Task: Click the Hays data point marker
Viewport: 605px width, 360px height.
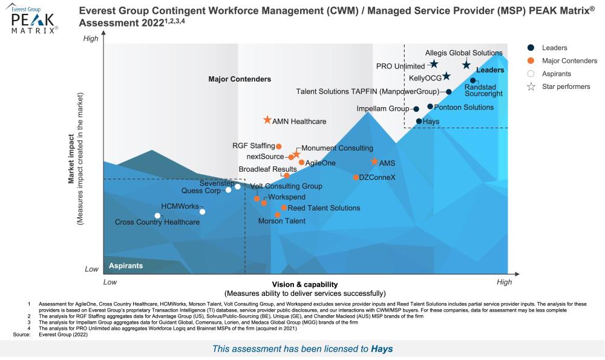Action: tap(419, 122)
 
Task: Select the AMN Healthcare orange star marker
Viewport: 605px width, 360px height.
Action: tap(267, 120)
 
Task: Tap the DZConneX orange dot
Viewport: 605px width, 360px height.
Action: tap(356, 177)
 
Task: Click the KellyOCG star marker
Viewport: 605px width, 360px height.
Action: tap(446, 76)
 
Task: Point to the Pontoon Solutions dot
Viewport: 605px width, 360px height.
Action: tap(430, 106)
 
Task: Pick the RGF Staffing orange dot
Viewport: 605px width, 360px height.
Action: tap(279, 146)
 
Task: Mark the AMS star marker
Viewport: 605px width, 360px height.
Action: tap(374, 162)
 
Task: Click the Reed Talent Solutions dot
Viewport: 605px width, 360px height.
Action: tap(284, 208)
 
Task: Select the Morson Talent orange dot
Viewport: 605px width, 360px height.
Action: tap(278, 215)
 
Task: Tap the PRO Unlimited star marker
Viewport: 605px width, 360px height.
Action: tap(434, 64)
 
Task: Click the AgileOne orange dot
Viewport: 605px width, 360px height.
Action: tap(301, 162)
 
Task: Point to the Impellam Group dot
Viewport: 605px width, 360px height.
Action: tap(416, 109)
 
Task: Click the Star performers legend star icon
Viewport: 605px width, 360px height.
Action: tap(531, 87)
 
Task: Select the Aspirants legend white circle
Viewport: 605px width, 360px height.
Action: tap(531, 74)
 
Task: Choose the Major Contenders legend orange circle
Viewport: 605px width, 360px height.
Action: tap(531, 61)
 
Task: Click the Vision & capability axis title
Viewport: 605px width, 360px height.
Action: tap(304, 284)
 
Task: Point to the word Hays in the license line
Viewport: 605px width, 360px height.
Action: tap(382, 349)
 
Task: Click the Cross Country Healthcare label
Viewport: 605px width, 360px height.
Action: tap(157, 223)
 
